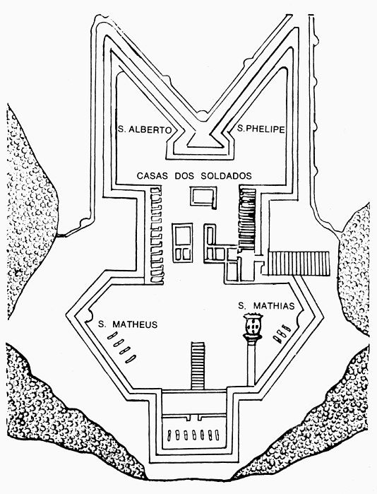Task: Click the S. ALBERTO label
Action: coord(145,129)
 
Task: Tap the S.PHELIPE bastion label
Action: coord(261,129)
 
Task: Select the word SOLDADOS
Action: coord(226,176)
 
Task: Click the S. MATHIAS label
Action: coord(266,306)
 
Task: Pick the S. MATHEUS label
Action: coord(128,324)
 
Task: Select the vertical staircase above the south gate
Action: coord(198,365)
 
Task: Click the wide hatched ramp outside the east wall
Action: coord(299,264)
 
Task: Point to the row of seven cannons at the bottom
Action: coord(193,435)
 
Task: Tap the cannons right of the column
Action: coord(282,334)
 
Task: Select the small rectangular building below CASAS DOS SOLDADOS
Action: coord(203,198)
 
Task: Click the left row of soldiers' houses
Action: coord(157,235)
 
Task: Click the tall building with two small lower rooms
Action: coord(183,243)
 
